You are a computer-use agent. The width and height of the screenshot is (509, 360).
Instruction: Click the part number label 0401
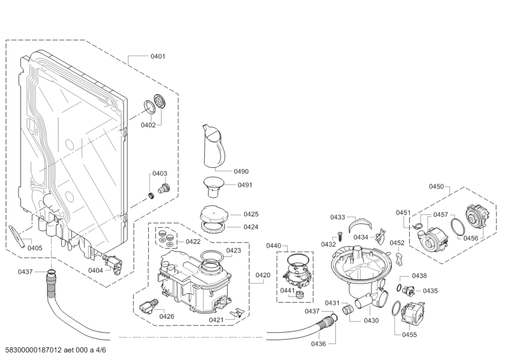(158, 57)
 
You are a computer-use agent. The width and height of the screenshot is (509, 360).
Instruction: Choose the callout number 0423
(233, 251)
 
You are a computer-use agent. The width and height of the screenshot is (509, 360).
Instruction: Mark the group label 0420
(263, 275)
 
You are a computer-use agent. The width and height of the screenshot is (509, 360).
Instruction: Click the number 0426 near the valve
(167, 316)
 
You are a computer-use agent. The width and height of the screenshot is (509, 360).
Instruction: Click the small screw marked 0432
(340, 236)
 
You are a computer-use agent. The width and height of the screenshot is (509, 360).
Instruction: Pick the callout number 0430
(371, 321)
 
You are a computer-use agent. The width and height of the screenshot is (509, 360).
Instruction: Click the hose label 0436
(318, 344)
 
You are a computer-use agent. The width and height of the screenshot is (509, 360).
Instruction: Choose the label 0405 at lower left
(34, 248)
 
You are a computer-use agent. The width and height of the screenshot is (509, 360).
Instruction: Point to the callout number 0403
(159, 173)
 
